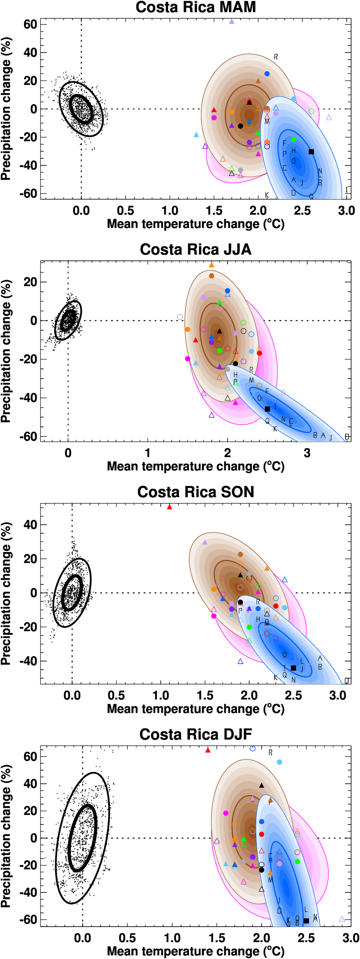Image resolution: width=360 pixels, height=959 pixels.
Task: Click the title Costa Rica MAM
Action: click(195, 8)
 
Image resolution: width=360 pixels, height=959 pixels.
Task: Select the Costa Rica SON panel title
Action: click(195, 492)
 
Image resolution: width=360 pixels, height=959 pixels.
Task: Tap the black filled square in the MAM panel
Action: click(311, 151)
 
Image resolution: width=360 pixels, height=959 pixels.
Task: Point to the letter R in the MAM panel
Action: click(276, 57)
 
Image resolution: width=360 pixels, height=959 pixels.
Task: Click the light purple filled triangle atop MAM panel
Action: click(231, 22)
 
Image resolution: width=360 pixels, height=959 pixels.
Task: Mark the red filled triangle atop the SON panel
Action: click(170, 507)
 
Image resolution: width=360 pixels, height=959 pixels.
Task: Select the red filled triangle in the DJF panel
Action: click(208, 750)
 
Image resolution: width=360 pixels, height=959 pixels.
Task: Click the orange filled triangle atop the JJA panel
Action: click(211, 265)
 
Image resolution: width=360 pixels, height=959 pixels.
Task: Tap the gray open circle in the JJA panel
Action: click(180, 317)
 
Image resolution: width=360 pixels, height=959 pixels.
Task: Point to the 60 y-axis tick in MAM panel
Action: click(31, 24)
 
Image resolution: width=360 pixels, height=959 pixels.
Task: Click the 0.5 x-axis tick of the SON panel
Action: click(116, 696)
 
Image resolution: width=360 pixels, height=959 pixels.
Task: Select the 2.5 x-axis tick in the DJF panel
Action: click(306, 938)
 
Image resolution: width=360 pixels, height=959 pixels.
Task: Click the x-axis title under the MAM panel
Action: click(195, 224)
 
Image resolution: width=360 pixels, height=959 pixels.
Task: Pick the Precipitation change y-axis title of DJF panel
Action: click(6, 836)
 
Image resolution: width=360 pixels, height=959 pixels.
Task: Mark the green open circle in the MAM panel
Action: click(311, 111)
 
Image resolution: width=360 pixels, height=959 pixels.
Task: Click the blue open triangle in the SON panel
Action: click(285, 580)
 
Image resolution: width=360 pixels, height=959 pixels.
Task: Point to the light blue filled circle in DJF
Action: click(280, 762)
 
